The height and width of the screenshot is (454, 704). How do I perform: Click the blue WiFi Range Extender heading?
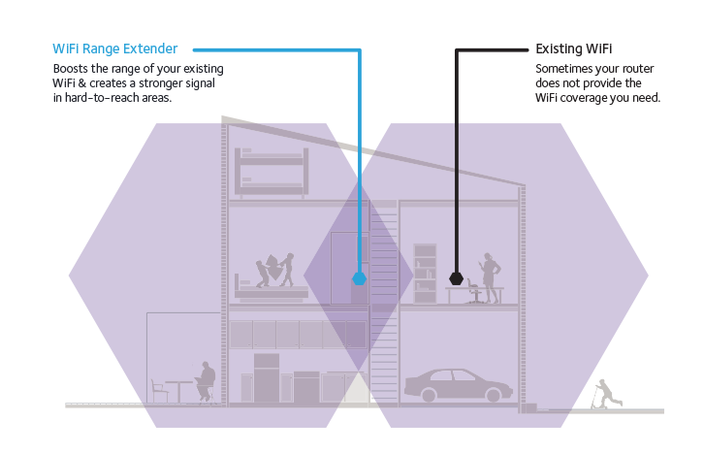point(115,49)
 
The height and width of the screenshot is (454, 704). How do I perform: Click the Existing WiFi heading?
point(574,49)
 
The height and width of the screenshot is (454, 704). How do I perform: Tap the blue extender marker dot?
point(360,278)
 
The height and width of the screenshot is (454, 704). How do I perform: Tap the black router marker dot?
point(456,278)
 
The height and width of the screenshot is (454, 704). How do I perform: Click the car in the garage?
point(457,384)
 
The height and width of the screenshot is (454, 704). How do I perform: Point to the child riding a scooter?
point(604,394)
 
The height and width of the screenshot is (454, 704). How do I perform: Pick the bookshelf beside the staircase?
point(425,273)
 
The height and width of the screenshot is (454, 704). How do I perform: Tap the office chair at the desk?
point(472,291)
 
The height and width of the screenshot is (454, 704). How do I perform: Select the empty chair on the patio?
point(159,390)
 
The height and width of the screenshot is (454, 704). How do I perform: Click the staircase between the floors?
point(384,301)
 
